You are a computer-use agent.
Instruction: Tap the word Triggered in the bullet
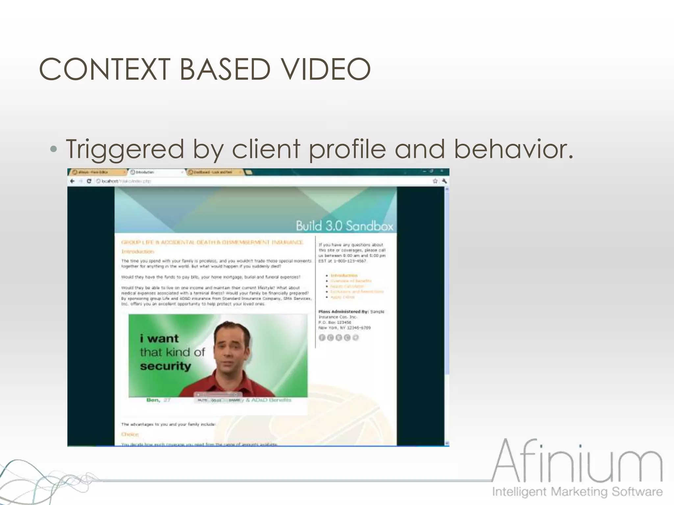[x=124, y=149]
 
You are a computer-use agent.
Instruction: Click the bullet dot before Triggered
[x=53, y=150]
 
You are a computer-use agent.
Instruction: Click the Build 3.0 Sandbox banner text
[x=344, y=226]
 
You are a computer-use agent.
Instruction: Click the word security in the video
[x=165, y=366]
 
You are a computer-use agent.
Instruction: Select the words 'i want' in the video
[x=159, y=338]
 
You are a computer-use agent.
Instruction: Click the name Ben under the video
[x=153, y=400]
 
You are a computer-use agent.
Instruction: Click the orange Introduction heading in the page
[x=138, y=252]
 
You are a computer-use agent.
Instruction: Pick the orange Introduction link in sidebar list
[x=344, y=276]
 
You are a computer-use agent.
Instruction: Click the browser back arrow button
[x=73, y=181]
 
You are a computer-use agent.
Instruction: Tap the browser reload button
[x=89, y=181]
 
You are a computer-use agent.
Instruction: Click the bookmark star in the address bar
[x=435, y=181]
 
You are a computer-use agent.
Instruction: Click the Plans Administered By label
[x=343, y=311]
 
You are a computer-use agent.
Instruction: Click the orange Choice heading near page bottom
[x=130, y=434]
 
